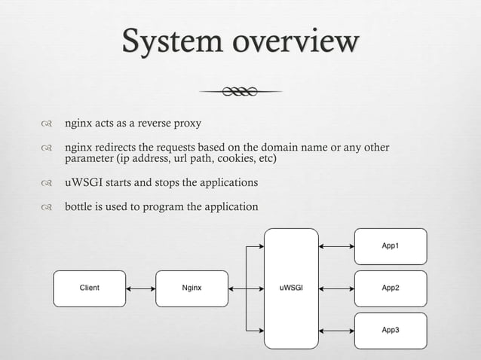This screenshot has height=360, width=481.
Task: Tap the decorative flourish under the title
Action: pos(240,92)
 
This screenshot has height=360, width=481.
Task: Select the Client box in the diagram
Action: pos(89,288)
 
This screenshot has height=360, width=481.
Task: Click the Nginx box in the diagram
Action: pos(191,288)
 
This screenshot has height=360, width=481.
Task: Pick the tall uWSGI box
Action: pos(291,288)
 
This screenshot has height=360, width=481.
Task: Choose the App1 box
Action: pos(391,246)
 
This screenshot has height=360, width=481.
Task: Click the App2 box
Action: pos(391,288)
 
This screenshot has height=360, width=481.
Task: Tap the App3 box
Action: pos(391,330)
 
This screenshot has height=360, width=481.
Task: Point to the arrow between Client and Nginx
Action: pos(140,288)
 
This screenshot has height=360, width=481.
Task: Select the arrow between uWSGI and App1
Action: pos(336,246)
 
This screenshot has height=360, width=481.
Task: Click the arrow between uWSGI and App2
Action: pos(336,288)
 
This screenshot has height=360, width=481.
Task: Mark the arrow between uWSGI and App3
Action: pos(336,330)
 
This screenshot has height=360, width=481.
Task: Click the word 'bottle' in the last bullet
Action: pos(79,207)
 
